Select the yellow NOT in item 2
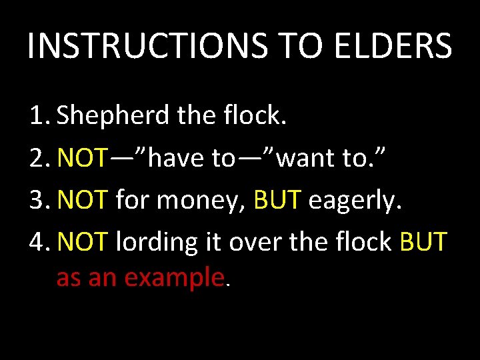point(81,158)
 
